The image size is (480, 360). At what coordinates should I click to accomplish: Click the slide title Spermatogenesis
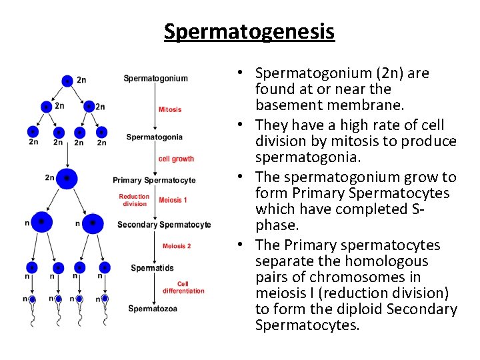(249, 31)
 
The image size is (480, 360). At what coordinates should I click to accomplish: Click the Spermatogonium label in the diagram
(156, 79)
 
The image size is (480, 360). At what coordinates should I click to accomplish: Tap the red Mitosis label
(170, 109)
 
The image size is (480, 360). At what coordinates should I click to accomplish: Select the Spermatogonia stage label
(154, 137)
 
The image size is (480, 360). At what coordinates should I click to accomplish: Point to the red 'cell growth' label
(177, 159)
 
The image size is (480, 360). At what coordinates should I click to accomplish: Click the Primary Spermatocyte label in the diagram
(154, 180)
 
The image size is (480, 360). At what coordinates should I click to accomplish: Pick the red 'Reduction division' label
(134, 200)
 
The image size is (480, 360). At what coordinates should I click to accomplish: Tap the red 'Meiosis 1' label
(173, 200)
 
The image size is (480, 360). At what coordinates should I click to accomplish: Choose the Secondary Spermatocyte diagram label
(164, 225)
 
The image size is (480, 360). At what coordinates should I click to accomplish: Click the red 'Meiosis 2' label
(177, 246)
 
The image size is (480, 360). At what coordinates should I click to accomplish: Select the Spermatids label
(152, 268)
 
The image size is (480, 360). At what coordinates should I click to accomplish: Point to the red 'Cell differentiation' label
(183, 287)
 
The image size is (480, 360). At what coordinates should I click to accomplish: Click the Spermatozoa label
(153, 309)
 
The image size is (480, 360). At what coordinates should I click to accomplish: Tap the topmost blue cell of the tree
(67, 81)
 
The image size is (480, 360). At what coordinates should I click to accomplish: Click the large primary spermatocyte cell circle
(67, 179)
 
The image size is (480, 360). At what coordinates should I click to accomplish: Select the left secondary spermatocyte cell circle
(41, 222)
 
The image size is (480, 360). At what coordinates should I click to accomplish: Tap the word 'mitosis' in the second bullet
(341, 141)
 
